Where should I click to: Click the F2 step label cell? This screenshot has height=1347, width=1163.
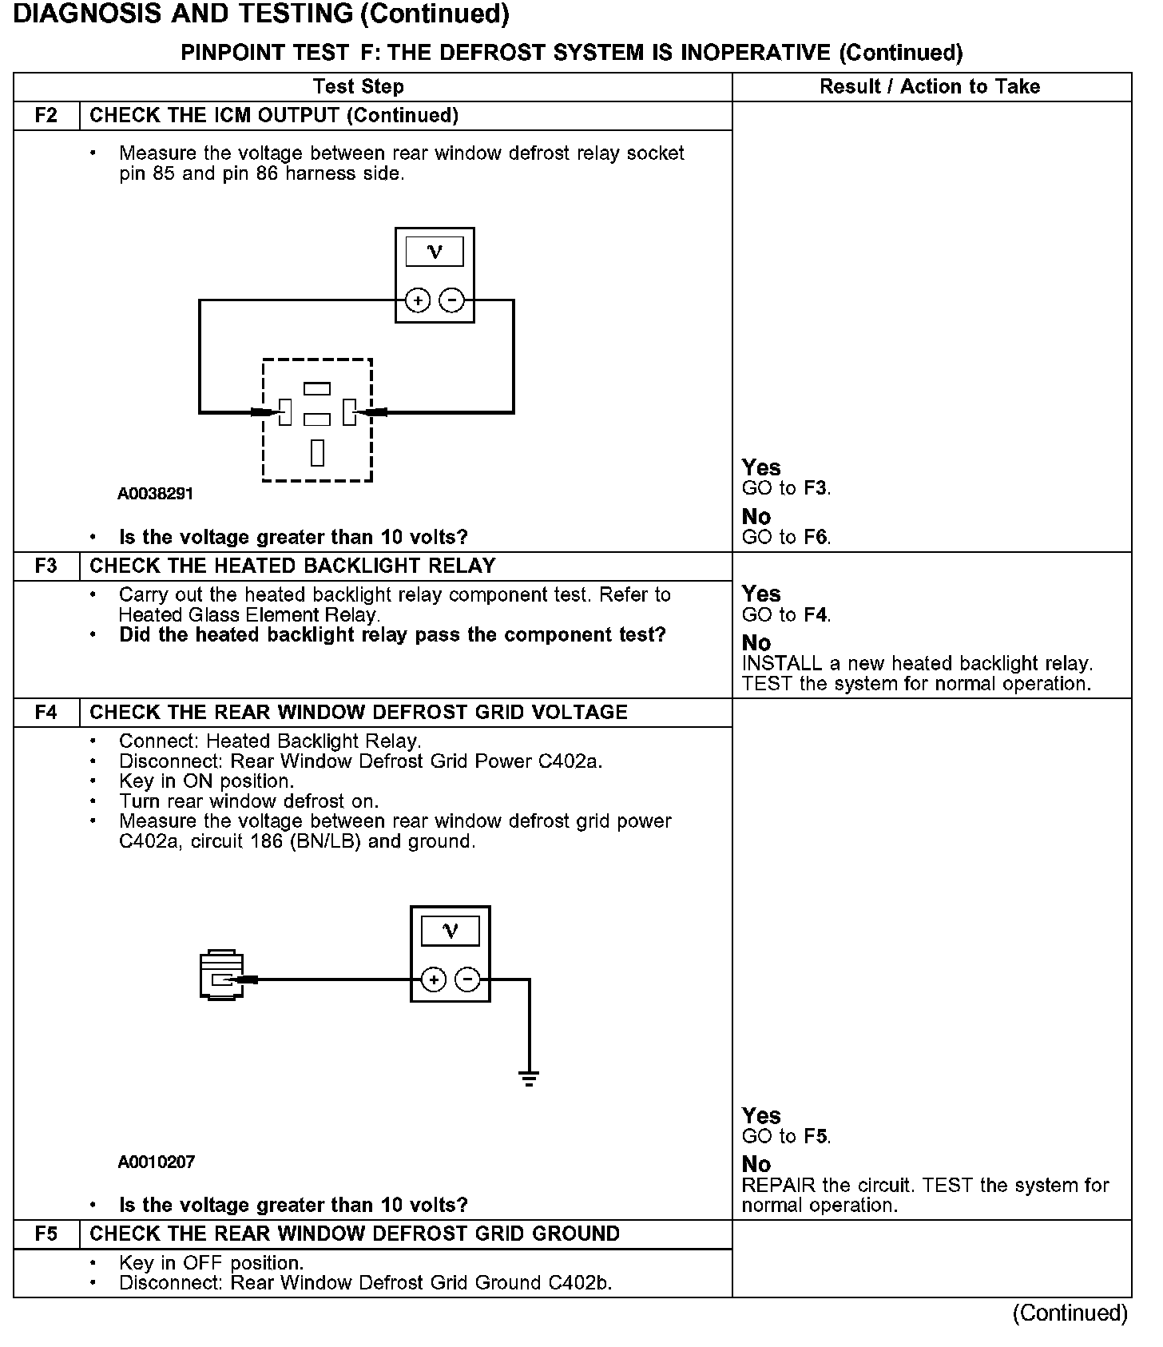click(x=46, y=115)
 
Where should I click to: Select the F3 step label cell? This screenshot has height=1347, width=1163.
click(x=46, y=566)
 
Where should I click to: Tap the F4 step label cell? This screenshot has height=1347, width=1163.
click(x=46, y=712)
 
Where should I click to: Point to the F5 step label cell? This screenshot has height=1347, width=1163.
click(x=46, y=1234)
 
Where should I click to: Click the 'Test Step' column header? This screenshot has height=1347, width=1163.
click(x=358, y=86)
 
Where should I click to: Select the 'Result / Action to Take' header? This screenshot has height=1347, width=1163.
click(x=930, y=86)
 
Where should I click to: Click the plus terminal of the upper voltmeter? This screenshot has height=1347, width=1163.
click(x=418, y=300)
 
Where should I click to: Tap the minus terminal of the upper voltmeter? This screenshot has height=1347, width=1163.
click(x=451, y=300)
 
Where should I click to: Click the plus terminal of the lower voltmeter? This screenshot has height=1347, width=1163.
click(x=433, y=979)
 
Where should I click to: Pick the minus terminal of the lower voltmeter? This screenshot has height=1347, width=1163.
click(x=467, y=979)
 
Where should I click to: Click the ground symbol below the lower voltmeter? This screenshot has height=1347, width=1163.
click(x=529, y=1079)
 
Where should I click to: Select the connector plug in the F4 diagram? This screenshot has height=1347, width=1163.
click(x=221, y=975)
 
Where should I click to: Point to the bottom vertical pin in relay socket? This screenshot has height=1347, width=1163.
click(x=317, y=452)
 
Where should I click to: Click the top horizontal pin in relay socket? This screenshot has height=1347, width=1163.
click(x=317, y=389)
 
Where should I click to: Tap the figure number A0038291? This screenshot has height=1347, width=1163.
click(x=155, y=494)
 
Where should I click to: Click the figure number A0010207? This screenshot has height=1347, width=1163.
click(x=156, y=1162)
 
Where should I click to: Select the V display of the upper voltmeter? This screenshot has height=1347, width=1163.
click(x=435, y=252)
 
